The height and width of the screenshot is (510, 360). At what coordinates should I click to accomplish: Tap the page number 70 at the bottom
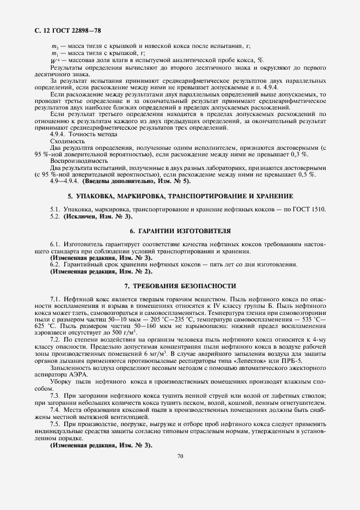click(x=179, y=471)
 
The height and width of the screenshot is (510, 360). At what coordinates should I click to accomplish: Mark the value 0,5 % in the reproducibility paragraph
click(x=306, y=174)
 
